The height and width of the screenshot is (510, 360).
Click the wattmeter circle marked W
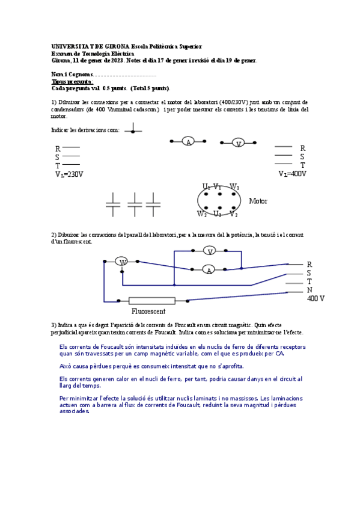[x=122, y=262]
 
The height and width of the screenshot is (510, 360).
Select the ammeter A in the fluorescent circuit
[x=209, y=269]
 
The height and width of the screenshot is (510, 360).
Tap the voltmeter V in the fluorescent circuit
[x=209, y=250]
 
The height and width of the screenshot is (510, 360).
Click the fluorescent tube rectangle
[x=152, y=301]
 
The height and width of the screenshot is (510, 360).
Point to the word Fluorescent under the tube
[x=148, y=312]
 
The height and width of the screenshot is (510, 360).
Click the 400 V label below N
[x=316, y=298]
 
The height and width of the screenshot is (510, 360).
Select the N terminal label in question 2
[x=310, y=290]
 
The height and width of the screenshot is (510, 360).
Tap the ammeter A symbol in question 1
[x=188, y=142]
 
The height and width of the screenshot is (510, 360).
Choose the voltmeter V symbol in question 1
[x=239, y=143]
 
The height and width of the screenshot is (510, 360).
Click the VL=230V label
[x=69, y=174]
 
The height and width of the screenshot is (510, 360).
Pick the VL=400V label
[x=292, y=174]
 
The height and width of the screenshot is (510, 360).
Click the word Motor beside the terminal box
[x=258, y=201]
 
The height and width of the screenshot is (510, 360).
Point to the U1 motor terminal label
[x=206, y=187]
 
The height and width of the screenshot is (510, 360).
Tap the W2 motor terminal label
[x=202, y=214]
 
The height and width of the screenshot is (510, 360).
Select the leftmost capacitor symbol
[x=113, y=204]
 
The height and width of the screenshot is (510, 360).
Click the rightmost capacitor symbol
[x=153, y=204]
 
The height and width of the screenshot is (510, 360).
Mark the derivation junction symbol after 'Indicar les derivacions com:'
[x=133, y=130]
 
